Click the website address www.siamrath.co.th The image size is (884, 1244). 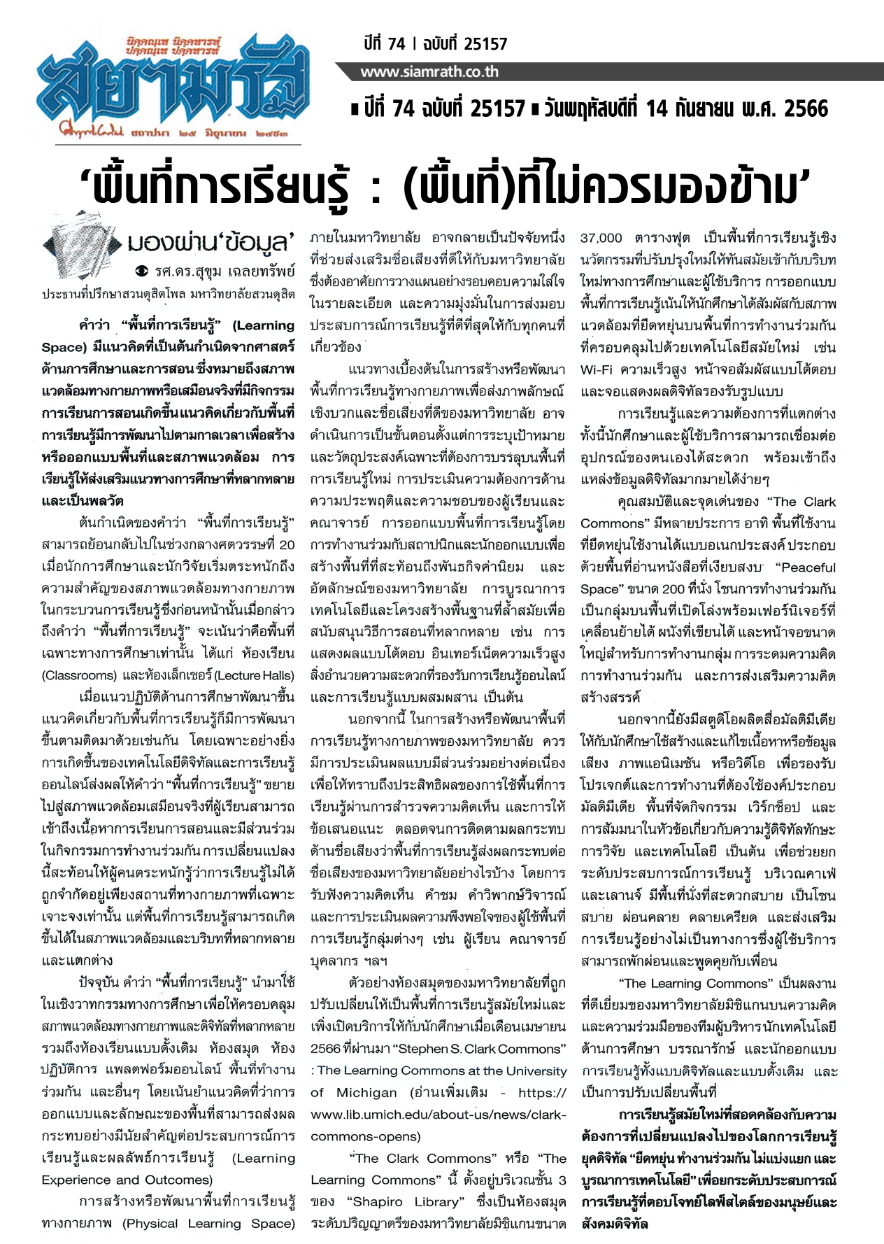pyautogui.click(x=429, y=72)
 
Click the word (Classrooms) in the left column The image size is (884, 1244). pyautogui.click(x=79, y=675)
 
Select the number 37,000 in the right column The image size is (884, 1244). pyautogui.click(x=601, y=238)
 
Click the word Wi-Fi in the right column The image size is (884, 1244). pyautogui.click(x=596, y=369)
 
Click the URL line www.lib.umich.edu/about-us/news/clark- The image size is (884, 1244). pyautogui.click(x=438, y=1114)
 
